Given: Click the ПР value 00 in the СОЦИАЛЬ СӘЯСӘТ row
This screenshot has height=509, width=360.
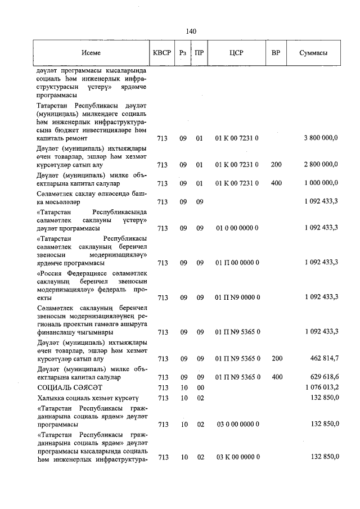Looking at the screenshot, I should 199,388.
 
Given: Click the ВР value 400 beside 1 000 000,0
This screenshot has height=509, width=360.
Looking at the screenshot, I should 276,183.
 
